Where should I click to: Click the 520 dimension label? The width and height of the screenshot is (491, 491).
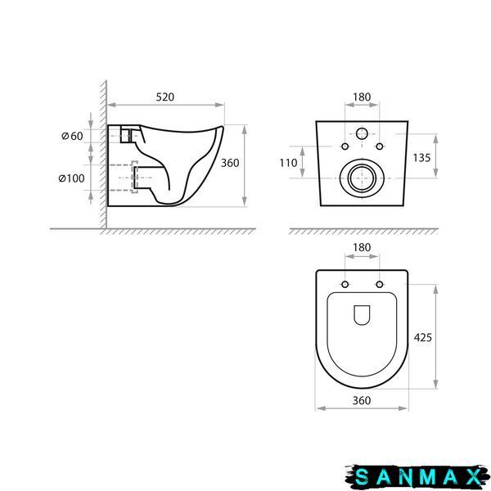pyautogui.click(x=165, y=97)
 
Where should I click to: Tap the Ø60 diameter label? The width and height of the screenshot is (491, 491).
pyautogui.click(x=72, y=136)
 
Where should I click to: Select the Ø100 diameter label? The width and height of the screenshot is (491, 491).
pyautogui.click(x=72, y=178)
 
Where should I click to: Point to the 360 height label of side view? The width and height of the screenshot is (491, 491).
pyautogui.click(x=230, y=163)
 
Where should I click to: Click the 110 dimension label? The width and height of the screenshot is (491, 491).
pyautogui.click(x=288, y=163)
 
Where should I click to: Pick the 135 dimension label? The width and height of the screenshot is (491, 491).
pyautogui.click(x=421, y=158)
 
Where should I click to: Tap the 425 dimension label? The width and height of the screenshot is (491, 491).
pyautogui.click(x=423, y=337)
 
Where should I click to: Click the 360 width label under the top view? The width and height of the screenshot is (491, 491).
pyautogui.click(x=362, y=400)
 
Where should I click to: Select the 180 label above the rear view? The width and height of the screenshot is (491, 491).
pyautogui.click(x=362, y=97)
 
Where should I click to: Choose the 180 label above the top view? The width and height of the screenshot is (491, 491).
pyautogui.click(x=362, y=247)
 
